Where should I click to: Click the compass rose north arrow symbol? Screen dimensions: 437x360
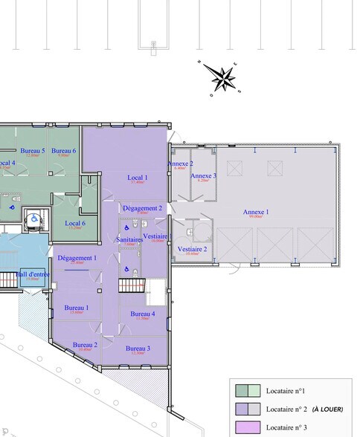point(221,77)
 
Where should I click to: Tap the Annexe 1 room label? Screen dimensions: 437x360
point(256,213)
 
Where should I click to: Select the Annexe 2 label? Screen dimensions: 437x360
point(180,164)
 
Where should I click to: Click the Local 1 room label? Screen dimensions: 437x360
point(137,178)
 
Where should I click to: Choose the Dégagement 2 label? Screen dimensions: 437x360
point(142,208)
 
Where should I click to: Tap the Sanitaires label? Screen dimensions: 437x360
point(129,240)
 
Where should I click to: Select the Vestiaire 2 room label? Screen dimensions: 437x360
point(192,249)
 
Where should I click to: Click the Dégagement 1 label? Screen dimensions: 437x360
point(77,258)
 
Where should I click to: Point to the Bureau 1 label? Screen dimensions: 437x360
point(76,308)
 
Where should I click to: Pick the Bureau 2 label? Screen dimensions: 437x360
point(86,345)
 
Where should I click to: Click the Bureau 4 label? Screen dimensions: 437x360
point(143,314)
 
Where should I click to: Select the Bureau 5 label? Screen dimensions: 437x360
point(33,151)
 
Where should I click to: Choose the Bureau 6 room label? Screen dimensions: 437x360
point(64,151)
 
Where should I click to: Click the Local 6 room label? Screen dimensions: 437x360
point(74,223)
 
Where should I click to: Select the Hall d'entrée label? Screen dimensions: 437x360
point(31,274)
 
